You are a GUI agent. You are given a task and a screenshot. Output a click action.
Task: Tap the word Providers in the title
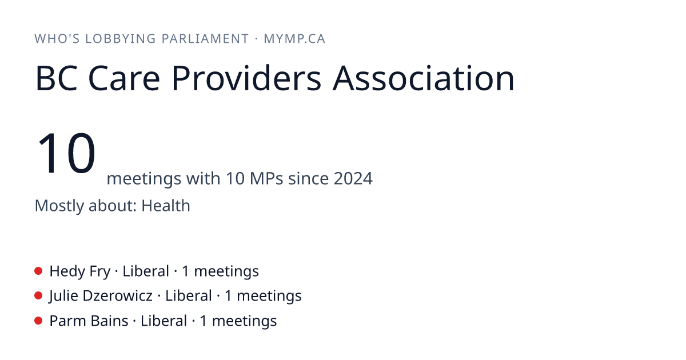(246, 78)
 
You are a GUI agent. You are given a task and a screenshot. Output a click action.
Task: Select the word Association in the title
(424, 78)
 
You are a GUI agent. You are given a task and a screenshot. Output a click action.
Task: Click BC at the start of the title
(57, 78)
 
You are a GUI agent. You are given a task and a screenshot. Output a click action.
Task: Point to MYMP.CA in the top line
(294, 39)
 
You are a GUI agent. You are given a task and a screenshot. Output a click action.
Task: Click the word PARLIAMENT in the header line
(205, 39)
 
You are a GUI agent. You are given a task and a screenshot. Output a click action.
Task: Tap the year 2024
(353, 178)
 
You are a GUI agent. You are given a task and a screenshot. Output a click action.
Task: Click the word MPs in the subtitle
(266, 178)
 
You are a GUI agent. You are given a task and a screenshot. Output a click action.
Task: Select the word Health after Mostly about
(166, 205)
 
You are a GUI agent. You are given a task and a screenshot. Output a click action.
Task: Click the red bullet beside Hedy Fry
(38, 271)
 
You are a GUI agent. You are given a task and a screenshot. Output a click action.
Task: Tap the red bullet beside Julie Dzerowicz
(38, 296)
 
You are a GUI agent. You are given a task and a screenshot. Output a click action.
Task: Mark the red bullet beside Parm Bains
(38, 321)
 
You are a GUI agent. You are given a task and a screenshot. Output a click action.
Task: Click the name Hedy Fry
(80, 271)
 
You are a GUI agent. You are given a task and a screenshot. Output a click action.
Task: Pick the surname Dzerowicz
(118, 296)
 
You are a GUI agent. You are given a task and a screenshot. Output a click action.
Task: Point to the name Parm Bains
(89, 321)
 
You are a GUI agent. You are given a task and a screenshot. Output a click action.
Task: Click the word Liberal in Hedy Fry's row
(146, 271)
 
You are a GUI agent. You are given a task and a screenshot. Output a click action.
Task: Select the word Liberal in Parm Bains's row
(164, 321)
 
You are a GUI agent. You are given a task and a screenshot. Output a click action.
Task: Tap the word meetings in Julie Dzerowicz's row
(269, 297)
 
